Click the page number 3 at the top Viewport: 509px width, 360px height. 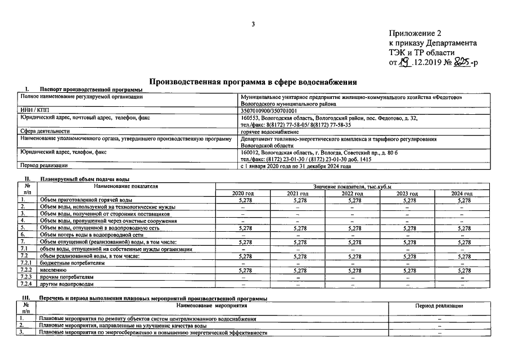click(x=254, y=24)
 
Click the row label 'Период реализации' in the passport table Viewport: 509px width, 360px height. click(x=44, y=166)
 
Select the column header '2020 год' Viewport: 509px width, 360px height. click(x=243, y=193)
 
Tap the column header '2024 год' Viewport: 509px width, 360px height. click(x=462, y=193)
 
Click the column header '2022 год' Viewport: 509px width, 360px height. click(x=352, y=193)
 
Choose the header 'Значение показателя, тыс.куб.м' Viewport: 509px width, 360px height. click(x=352, y=186)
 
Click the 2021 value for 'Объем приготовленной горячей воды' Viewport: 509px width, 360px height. click(x=297, y=200)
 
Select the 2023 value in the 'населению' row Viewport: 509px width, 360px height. click(x=407, y=271)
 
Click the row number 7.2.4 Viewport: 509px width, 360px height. click(x=25, y=285)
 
